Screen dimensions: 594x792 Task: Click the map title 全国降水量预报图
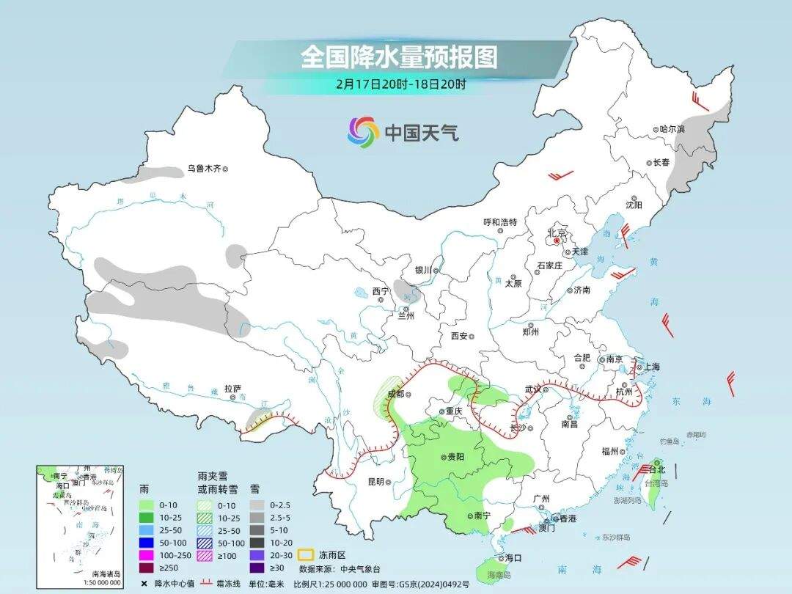(x=398, y=56)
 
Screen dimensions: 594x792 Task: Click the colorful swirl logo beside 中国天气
(x=362, y=131)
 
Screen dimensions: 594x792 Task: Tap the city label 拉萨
(x=232, y=388)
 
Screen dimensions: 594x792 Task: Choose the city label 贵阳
(x=455, y=457)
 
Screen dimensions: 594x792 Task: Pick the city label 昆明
(x=375, y=482)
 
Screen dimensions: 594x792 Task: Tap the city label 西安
(x=459, y=335)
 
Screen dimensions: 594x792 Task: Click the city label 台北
(x=657, y=469)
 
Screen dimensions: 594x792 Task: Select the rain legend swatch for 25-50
(x=146, y=529)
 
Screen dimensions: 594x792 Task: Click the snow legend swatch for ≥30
(x=256, y=568)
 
